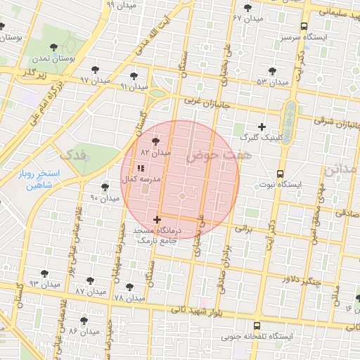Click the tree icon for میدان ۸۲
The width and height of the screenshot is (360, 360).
[155, 141]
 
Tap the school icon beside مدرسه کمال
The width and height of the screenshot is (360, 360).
[140, 169]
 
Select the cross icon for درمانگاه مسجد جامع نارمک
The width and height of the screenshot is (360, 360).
[156, 220]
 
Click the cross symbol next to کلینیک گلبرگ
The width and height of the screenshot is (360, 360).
[262, 127]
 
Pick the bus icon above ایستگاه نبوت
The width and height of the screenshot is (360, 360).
[280, 174]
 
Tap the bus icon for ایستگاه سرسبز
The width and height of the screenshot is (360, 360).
[304, 26]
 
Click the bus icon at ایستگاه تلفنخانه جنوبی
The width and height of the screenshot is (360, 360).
[257, 326]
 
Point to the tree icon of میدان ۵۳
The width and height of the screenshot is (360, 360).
[272, 71]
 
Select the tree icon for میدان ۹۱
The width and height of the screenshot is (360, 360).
[134, 75]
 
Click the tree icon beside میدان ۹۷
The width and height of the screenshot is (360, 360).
[95, 70]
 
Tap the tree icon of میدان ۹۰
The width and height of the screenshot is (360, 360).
[105, 187]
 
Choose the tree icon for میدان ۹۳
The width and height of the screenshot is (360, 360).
[44, 273]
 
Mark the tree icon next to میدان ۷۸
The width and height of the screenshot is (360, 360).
[129, 287]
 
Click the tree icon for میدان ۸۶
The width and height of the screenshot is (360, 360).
[84, 320]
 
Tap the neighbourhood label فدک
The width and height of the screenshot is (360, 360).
[73, 153]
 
